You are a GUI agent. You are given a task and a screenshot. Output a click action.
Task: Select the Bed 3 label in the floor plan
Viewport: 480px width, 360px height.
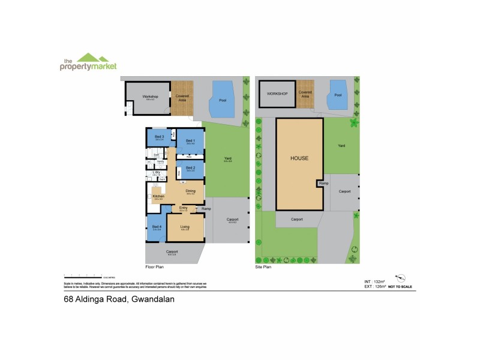[x=159, y=137]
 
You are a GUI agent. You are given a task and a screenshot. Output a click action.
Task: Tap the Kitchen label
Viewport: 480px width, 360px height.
[x=158, y=196]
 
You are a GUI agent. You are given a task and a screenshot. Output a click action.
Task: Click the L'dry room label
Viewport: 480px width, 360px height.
[x=157, y=173]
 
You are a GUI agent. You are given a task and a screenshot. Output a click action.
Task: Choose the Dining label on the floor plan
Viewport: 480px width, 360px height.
[x=191, y=191]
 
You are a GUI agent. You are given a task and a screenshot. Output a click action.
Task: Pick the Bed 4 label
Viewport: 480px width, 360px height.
[x=157, y=227]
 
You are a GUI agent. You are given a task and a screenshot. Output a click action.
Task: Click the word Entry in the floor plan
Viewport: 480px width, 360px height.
[x=183, y=208]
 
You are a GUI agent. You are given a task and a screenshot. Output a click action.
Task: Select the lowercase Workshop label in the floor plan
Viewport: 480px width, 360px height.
[x=149, y=96]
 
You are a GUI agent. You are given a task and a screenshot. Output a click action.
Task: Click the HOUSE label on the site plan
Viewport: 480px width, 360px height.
[x=299, y=159]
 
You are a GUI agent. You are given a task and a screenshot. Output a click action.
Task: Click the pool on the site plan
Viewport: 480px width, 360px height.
[x=337, y=96]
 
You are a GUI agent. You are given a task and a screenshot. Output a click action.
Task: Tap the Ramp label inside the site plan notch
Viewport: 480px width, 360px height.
[x=324, y=182]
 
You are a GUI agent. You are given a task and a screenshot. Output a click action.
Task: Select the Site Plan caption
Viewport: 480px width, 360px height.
[x=264, y=267]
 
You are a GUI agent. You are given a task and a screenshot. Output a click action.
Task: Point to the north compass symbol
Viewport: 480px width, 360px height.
[x=402, y=277]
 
